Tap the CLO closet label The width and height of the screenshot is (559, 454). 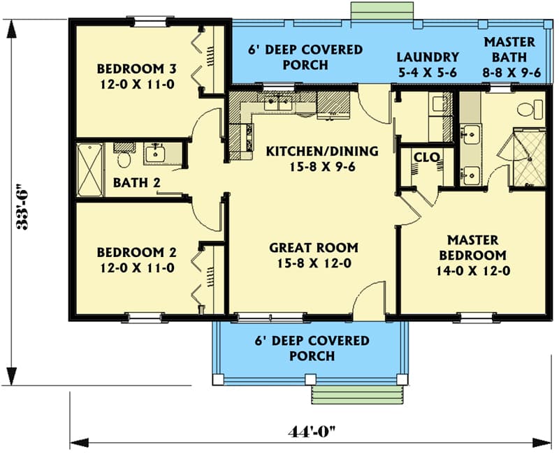[426, 157]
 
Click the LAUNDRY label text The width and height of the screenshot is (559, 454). [428, 57]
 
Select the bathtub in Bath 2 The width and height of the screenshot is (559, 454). [90, 170]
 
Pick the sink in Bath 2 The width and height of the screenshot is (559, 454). [154, 153]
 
